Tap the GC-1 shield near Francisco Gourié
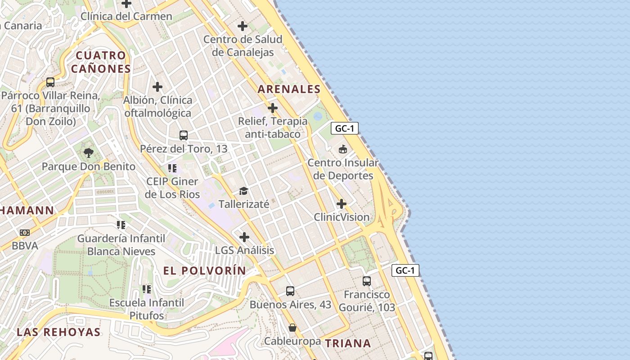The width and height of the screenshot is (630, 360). point(405,270)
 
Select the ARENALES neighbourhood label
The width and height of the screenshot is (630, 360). point(289,89)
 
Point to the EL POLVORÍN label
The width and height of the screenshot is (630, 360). point(205,270)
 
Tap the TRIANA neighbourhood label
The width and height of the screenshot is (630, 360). point(348,343)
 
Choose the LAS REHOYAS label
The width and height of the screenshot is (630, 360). point(58,332)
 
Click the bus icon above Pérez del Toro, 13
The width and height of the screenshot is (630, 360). point(183,135)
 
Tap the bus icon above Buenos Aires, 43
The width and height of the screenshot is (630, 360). point(290,291)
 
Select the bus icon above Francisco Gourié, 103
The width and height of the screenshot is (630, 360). point(367,281)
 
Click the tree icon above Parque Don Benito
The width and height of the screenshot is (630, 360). point(89,153)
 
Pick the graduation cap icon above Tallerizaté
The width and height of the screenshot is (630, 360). point(243,191)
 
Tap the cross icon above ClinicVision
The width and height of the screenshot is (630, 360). point(342,204)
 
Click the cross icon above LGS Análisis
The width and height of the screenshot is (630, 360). point(244,237)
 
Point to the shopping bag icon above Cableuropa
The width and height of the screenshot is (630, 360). point(292,327)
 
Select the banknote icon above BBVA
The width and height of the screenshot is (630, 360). point(25,232)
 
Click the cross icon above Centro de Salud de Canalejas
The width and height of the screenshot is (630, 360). point(243,26)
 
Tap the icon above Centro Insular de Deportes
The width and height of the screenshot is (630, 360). point(343,149)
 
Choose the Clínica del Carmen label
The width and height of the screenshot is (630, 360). point(126,17)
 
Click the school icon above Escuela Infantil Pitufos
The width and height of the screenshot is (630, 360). point(147,289)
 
